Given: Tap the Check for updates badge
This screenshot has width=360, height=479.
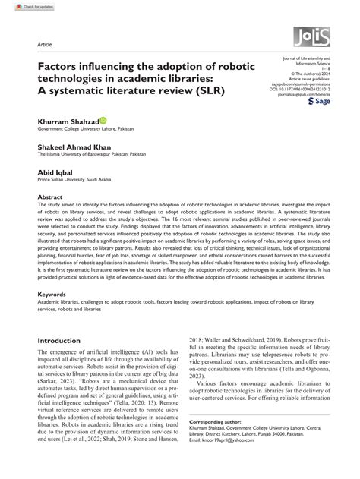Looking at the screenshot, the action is [x=22, y=6].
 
